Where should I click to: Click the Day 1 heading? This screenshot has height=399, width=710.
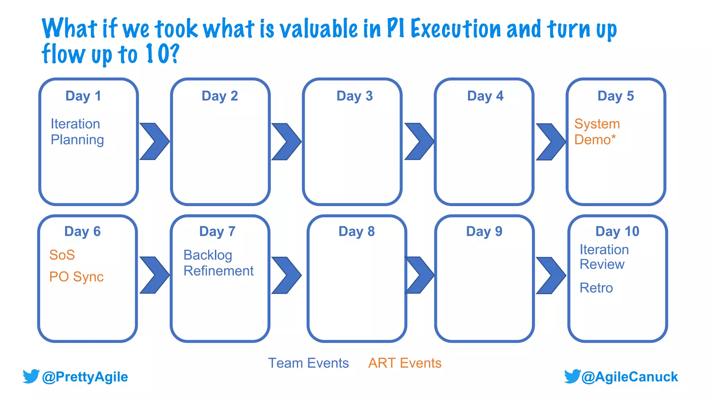tap(83, 96)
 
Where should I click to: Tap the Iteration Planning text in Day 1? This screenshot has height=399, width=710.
tap(77, 132)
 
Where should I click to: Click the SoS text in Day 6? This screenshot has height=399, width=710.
tap(62, 255)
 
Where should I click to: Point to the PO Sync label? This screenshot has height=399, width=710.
tap(76, 277)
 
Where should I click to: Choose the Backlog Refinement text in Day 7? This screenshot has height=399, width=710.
tap(218, 263)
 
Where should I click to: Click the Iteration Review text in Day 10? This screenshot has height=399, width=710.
tap(604, 257)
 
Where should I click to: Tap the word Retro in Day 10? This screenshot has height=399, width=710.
tap(596, 288)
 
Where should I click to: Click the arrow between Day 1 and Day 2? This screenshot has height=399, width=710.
tap(154, 141)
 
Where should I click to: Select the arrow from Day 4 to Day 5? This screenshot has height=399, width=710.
tap(551, 142)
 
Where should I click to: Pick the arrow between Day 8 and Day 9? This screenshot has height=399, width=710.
tap(419, 275)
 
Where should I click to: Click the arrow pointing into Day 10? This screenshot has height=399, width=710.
tap(551, 275)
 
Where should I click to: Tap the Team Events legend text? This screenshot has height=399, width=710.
tap(308, 363)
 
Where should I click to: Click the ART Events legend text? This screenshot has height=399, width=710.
tap(405, 363)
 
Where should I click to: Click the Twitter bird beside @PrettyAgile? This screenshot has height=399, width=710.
tap(31, 376)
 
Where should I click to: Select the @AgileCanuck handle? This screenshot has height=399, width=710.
tap(629, 377)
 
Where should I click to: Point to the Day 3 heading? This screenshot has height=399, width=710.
tap(354, 96)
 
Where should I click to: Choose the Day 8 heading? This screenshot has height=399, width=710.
tap(356, 231)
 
